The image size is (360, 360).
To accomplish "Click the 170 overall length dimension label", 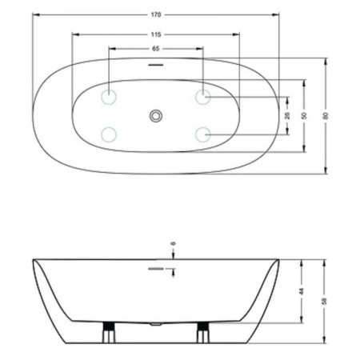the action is pos(156,14).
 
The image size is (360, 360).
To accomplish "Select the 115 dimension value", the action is pos(156,34).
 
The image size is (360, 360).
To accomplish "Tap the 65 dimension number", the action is pos(156,49).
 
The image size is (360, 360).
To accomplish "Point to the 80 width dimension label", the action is pos(326,116).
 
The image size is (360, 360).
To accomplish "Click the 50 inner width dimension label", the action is pos(305,116).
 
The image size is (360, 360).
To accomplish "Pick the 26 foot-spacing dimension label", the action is pos(287,116).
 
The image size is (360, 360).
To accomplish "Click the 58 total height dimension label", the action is pos(324,301).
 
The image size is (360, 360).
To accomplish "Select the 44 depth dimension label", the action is pos(302,291).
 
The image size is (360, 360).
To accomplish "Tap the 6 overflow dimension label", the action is pos(174,243).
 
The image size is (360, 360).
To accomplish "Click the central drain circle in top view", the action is pos(156,116).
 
